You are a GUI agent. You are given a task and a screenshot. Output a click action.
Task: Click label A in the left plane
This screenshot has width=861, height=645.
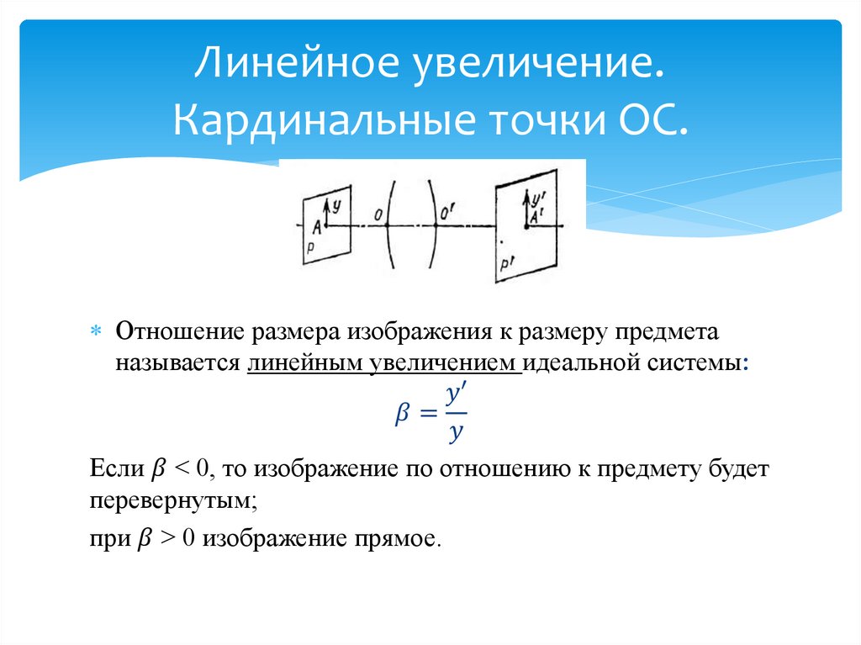coord(316,227)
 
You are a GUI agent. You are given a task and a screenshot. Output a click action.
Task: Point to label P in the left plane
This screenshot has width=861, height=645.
coord(311,247)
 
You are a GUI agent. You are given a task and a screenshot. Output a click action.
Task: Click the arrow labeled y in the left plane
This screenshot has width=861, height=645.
coord(326,209)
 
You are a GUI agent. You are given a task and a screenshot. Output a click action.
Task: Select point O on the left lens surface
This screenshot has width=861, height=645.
coord(380,219)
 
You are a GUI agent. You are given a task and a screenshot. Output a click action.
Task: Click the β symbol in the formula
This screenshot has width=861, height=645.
coord(401,413)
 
